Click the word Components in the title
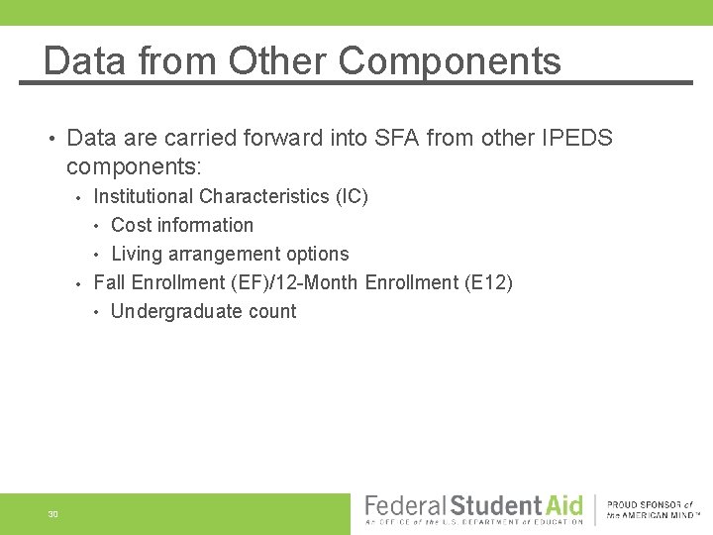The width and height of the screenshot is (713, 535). [450, 61]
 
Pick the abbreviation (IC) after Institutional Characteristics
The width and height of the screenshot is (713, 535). [353, 196]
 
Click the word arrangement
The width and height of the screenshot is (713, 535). [223, 254]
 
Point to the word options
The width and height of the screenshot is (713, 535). [317, 254]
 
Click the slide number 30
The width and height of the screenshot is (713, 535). [52, 514]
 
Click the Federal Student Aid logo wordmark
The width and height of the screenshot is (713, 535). [474, 506]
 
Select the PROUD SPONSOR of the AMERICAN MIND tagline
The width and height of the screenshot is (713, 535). [651, 510]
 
